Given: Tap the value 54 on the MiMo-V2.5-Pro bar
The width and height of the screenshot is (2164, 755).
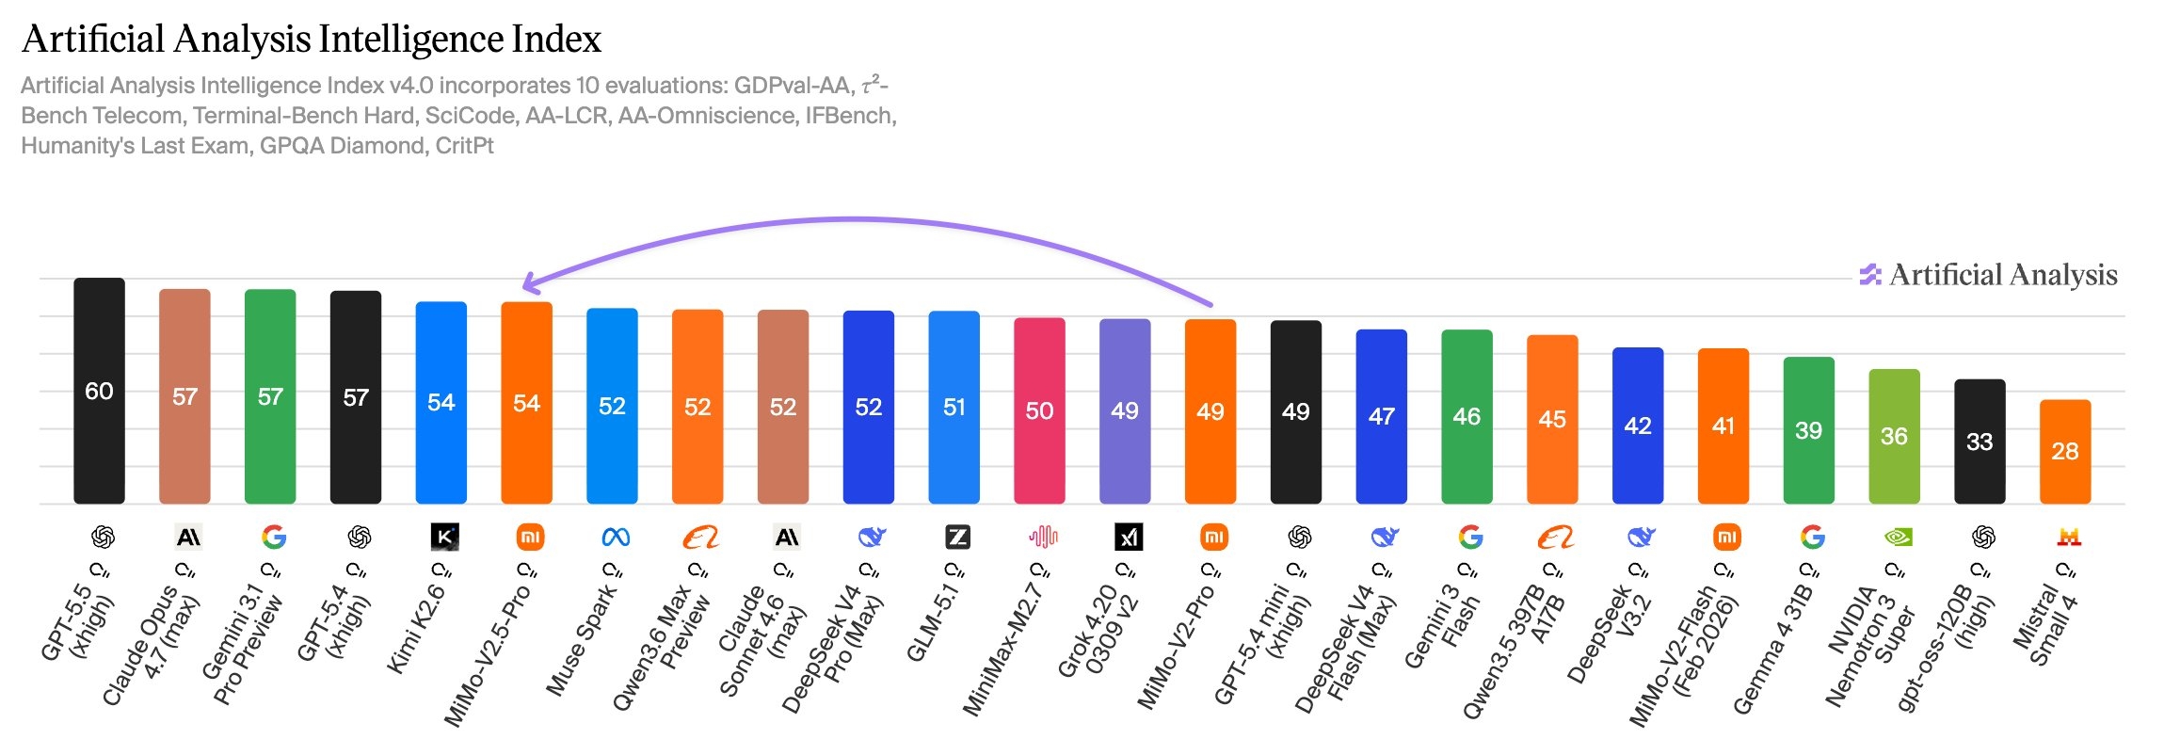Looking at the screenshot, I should pyautogui.click(x=526, y=404).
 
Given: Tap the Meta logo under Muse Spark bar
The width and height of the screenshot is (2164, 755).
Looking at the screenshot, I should pyautogui.click(x=616, y=538).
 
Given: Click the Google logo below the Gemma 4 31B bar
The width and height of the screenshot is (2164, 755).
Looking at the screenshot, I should pyautogui.click(x=1812, y=538).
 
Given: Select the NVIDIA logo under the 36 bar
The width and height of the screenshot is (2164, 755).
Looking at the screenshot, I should pyautogui.click(x=1898, y=538).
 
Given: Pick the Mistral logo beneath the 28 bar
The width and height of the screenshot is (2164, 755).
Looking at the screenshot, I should pyautogui.click(x=2069, y=538).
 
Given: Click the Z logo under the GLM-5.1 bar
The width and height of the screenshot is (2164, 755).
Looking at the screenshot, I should pyautogui.click(x=957, y=538).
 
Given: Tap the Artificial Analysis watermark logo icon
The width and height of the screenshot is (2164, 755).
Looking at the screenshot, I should pyautogui.click(x=1869, y=275).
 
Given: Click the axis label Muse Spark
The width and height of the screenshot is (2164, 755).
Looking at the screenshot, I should pyautogui.click(x=584, y=640).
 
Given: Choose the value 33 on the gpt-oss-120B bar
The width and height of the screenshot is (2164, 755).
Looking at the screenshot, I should pyautogui.click(x=1980, y=442).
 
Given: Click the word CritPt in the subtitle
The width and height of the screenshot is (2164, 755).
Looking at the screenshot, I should pyautogui.click(x=464, y=146).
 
